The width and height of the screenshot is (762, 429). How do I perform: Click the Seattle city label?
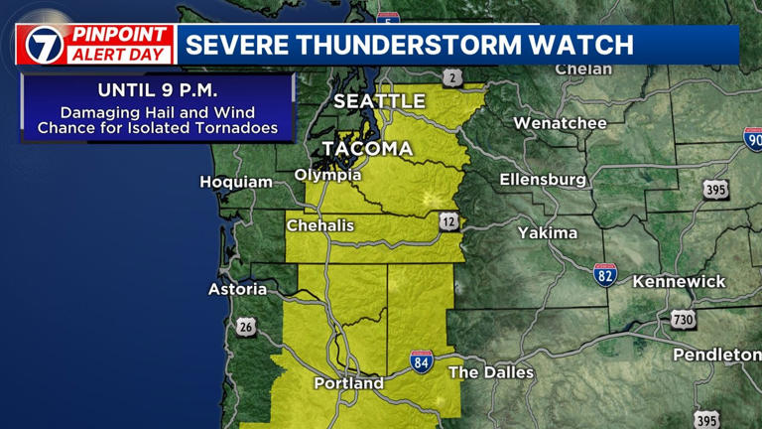379,101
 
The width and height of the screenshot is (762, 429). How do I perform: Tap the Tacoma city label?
365,149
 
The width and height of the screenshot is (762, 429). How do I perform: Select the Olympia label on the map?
327,175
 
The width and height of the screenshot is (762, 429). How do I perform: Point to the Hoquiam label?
236,182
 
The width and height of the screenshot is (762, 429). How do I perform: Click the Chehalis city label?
320,225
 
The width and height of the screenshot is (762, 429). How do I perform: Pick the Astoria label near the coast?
237,289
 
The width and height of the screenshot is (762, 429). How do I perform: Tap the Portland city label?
348,382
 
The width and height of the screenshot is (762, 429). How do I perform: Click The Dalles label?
491,372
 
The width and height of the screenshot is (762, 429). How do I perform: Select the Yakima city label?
547,232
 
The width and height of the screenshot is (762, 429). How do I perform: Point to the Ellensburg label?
543,180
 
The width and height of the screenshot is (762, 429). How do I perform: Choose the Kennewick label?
679,281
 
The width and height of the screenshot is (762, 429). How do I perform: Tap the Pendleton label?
716,355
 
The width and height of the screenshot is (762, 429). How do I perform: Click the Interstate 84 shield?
422,361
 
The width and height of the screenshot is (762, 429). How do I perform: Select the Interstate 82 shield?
605,274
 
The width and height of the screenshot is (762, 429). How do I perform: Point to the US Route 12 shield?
448,221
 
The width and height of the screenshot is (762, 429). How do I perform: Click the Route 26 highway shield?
246,328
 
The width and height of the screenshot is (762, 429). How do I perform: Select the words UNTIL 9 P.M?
158,90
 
